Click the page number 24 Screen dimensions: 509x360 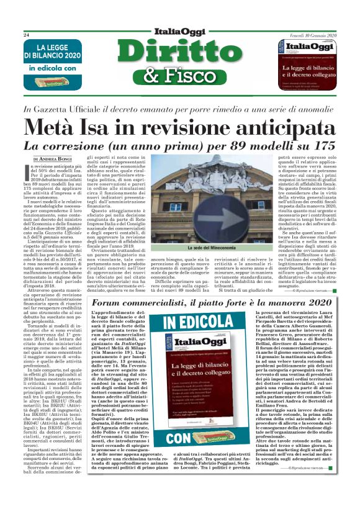click(27, 35)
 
